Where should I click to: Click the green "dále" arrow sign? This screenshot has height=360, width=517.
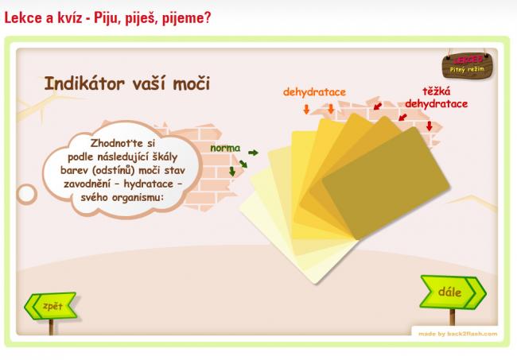point(453,292)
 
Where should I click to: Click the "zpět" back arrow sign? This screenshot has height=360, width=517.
point(51,306)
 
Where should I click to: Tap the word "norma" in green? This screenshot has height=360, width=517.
point(225,148)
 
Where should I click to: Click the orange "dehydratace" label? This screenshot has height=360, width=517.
point(314,92)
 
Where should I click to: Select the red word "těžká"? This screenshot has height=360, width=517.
point(436,91)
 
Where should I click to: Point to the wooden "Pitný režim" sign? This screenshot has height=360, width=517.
point(467,66)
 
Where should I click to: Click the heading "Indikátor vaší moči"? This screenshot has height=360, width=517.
point(127,83)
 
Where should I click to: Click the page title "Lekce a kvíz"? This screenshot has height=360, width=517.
point(43,17)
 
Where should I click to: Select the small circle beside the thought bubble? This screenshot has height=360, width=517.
point(26,194)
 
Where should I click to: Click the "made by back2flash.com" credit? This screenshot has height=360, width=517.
point(457,334)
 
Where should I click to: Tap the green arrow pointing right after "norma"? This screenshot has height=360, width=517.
point(253,153)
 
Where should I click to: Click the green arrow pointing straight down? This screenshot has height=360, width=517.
point(232,171)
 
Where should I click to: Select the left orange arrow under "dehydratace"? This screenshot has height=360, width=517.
point(307,109)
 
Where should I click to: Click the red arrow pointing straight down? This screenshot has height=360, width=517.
point(429,126)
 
